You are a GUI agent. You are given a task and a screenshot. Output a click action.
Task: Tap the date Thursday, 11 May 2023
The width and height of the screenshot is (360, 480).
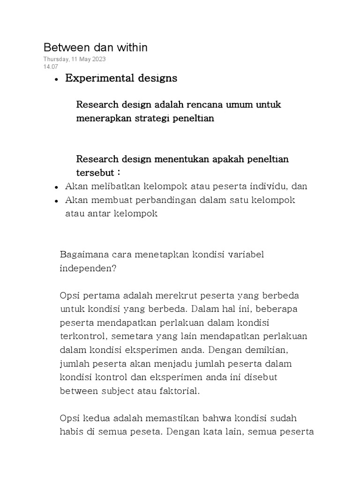75,59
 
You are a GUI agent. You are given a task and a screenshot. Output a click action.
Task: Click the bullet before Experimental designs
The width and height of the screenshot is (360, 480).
56,80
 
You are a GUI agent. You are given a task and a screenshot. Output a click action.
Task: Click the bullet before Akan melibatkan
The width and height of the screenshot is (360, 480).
56,187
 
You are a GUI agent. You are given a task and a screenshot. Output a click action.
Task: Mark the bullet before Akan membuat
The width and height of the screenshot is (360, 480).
56,201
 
